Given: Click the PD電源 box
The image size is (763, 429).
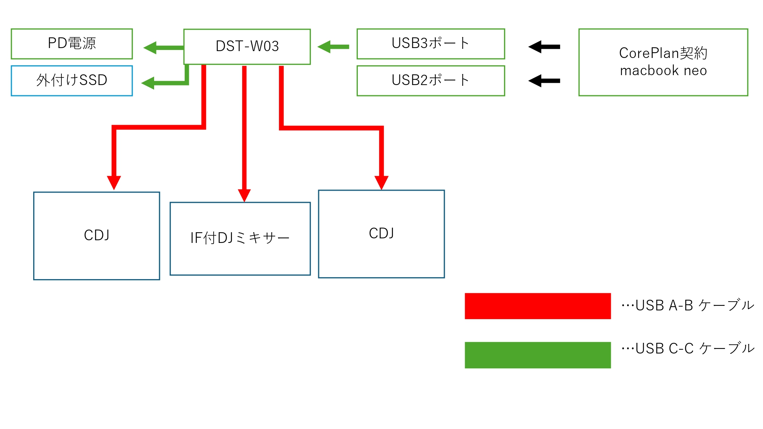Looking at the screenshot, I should (72, 43).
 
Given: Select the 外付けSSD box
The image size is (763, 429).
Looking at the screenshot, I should (72, 80).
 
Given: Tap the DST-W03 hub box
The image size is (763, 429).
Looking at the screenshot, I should (247, 47).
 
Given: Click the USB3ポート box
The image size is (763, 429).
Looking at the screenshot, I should (431, 43).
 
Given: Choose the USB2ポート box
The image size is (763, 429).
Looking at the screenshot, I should (431, 80).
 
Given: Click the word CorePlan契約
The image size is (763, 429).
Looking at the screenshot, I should (663, 53).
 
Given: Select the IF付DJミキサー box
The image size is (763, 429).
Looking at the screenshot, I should (240, 238).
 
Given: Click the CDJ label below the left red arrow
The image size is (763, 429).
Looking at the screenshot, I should (97, 235).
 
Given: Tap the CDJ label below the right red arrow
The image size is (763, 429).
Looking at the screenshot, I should (381, 233).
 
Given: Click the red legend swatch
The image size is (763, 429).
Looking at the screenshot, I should (538, 306).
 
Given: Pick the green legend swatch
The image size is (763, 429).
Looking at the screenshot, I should (538, 355).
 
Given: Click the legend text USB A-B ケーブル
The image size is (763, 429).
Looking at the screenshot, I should (688, 305).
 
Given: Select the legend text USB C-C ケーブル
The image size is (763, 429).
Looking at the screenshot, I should (688, 349).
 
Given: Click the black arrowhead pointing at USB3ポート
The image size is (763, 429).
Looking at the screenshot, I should (535, 47).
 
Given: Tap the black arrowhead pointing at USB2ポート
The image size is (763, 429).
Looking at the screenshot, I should (535, 81).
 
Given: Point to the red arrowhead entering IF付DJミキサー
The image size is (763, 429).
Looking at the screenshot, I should (244, 195).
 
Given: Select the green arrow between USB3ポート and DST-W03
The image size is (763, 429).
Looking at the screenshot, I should (333, 47).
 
